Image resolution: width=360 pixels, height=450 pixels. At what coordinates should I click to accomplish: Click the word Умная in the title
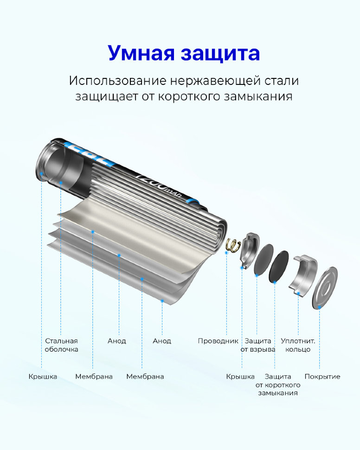click(141, 53)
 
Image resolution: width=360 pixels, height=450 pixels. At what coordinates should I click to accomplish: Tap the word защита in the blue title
click(220, 54)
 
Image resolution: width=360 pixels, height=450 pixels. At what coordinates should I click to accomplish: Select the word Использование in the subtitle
click(118, 81)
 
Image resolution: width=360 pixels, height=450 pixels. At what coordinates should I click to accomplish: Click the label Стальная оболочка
click(61, 345)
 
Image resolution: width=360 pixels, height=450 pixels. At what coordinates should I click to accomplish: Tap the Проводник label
click(218, 341)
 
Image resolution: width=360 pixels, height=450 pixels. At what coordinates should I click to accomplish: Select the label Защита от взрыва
click(258, 345)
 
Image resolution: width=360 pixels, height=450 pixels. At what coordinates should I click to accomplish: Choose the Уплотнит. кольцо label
click(298, 345)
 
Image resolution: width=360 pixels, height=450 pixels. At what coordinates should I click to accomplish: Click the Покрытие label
click(322, 377)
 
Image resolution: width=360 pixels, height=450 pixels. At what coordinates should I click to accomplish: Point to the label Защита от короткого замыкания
click(278, 385)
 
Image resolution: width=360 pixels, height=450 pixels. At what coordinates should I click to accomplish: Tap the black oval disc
click(279, 266)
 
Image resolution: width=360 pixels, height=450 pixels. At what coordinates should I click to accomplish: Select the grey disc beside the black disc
click(264, 260)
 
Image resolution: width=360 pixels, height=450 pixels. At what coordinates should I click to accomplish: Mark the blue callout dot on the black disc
click(275, 283)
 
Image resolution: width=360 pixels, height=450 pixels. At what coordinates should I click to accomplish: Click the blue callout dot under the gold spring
click(226, 253)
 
